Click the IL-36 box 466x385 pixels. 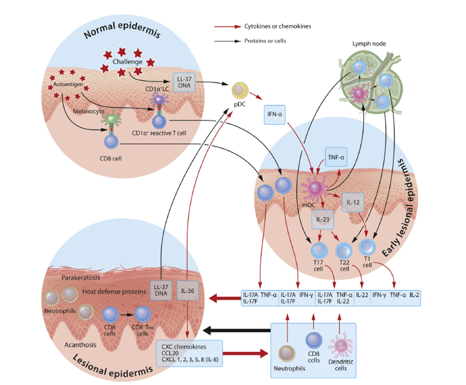[x=187, y=291]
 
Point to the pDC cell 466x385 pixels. [x=239, y=90]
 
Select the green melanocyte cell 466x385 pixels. [x=112, y=119]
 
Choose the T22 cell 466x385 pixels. [x=344, y=251]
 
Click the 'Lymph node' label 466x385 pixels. [x=369, y=44]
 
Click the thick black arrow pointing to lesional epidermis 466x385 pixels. [x=237, y=329]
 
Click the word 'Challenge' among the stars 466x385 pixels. [x=127, y=62]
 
